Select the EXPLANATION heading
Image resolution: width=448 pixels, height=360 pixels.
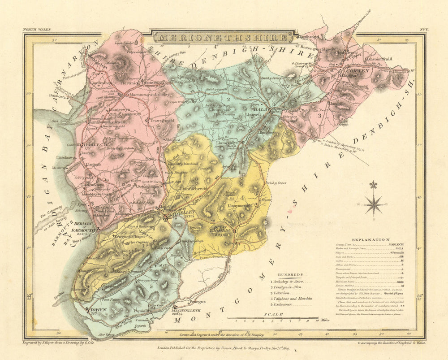(x=371, y=240)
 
